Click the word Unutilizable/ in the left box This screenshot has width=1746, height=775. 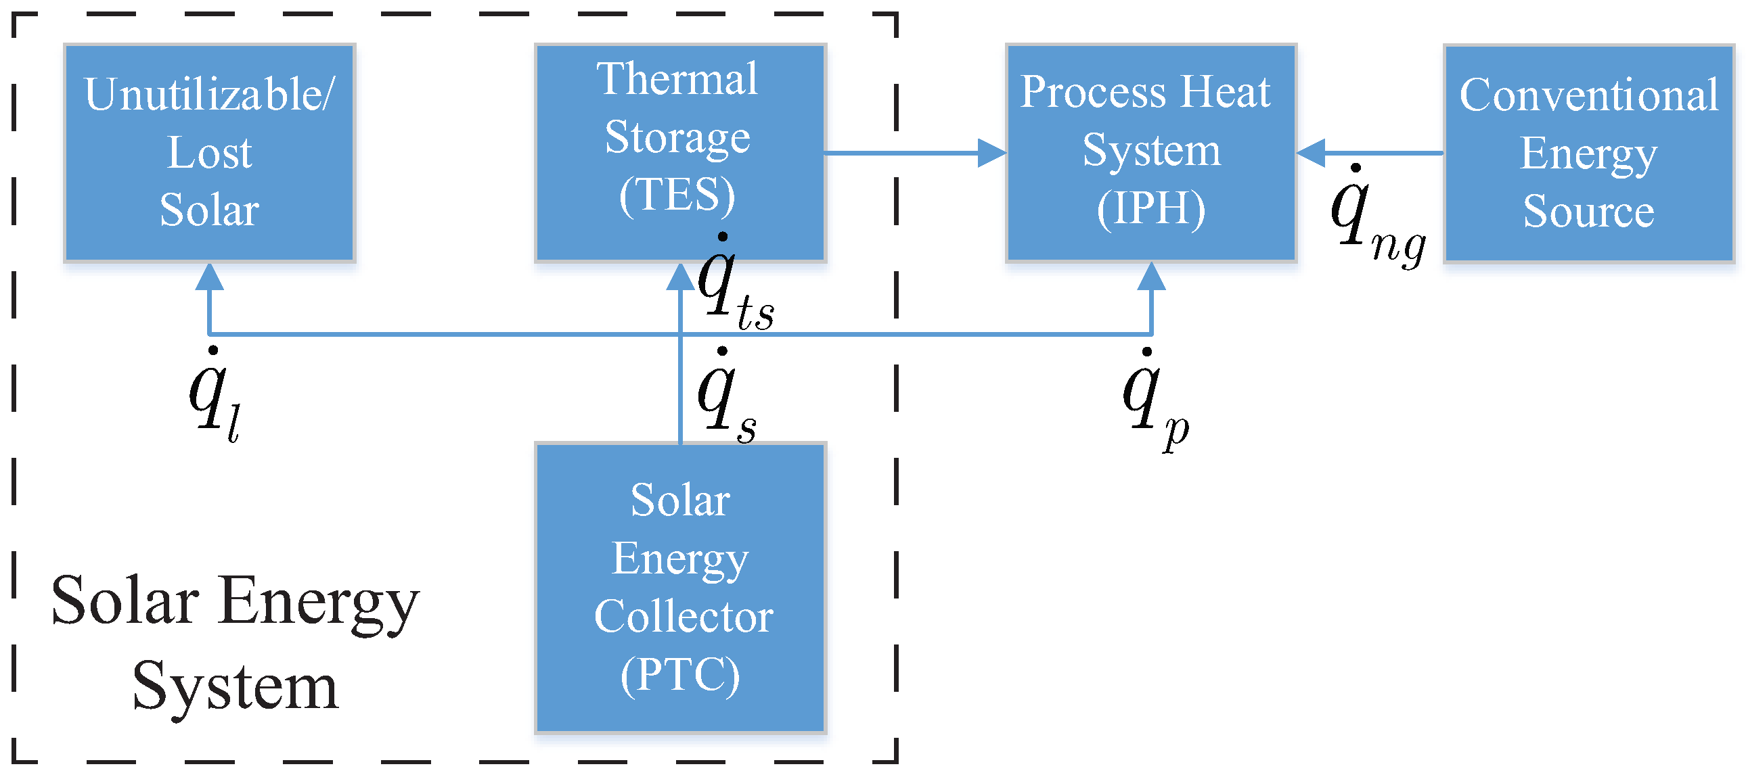coord(208,95)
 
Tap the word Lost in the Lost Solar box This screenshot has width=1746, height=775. coord(208,153)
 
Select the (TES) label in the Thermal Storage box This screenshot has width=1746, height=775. coord(677,196)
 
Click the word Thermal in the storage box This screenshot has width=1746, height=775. coord(677,79)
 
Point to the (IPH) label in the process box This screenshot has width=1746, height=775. coord(1151,209)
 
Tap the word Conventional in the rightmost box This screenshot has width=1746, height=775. coord(1588,95)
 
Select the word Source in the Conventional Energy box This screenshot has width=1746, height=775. coord(1588,212)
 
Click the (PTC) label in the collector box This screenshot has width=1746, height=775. coord(680,675)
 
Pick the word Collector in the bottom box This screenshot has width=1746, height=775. coord(684,617)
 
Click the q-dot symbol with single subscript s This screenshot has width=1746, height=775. coord(725,396)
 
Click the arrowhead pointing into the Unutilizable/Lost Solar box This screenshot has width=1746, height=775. coord(209,277)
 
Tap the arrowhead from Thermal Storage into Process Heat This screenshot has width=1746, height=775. coord(991,153)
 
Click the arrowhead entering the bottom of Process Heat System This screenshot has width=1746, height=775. coord(1151,277)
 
